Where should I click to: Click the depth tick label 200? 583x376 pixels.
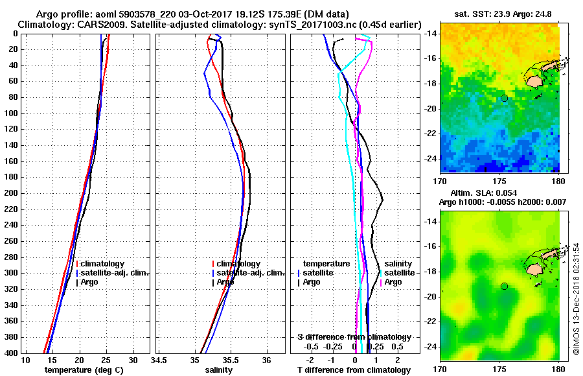(12, 193)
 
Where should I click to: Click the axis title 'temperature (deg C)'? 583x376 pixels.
(84, 370)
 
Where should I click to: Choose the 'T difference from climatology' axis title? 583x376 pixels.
(354, 370)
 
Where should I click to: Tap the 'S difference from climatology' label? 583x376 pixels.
(354, 337)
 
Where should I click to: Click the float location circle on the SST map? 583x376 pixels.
(504, 98)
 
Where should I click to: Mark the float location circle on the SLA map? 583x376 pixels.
(504, 286)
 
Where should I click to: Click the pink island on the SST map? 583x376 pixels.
(534, 81)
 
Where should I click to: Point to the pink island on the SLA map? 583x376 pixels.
(534, 268)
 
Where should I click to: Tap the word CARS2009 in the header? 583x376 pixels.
(92, 24)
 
